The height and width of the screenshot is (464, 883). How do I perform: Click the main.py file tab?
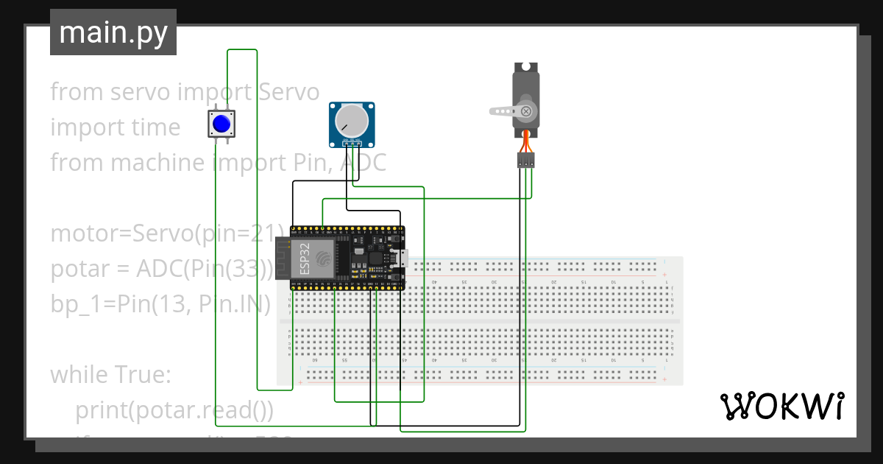113,32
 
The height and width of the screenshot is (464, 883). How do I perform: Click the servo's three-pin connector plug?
525,160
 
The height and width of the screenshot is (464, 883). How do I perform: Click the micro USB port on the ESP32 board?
402,258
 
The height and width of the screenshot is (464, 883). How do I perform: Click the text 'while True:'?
110,375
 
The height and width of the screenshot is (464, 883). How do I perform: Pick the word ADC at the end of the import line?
364,163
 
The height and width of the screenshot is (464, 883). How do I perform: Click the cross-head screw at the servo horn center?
525,111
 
